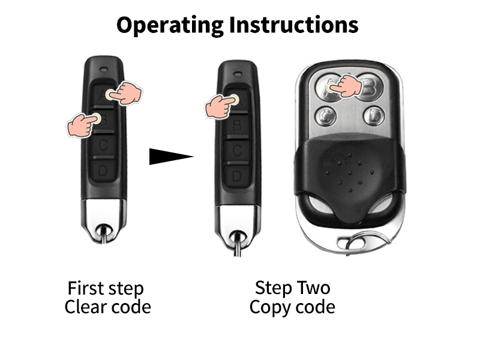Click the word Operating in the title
point(170,25)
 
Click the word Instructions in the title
point(293,25)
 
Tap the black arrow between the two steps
point(171,157)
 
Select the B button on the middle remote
point(237,125)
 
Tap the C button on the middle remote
point(237,151)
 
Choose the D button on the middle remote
point(237,176)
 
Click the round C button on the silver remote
point(325,116)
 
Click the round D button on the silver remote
point(374,116)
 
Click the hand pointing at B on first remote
point(83,125)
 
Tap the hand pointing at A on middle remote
point(221,106)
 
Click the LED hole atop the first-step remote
point(104,69)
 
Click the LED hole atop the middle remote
point(238,74)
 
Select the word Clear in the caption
point(83,307)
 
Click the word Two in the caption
point(313,288)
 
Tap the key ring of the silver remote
point(364,242)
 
